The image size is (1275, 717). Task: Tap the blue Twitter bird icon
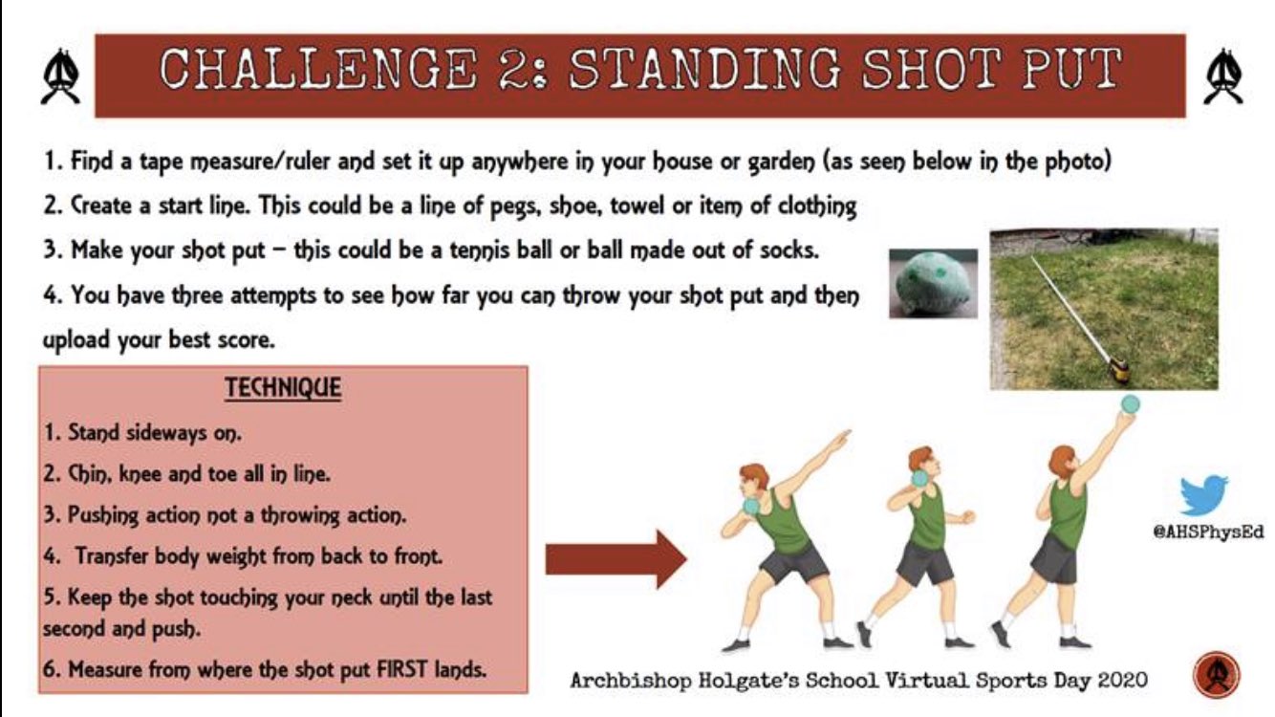point(1203,494)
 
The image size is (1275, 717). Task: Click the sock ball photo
point(932,283)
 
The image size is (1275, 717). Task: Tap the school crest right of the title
point(1224,76)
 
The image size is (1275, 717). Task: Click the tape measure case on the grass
point(1116,366)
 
